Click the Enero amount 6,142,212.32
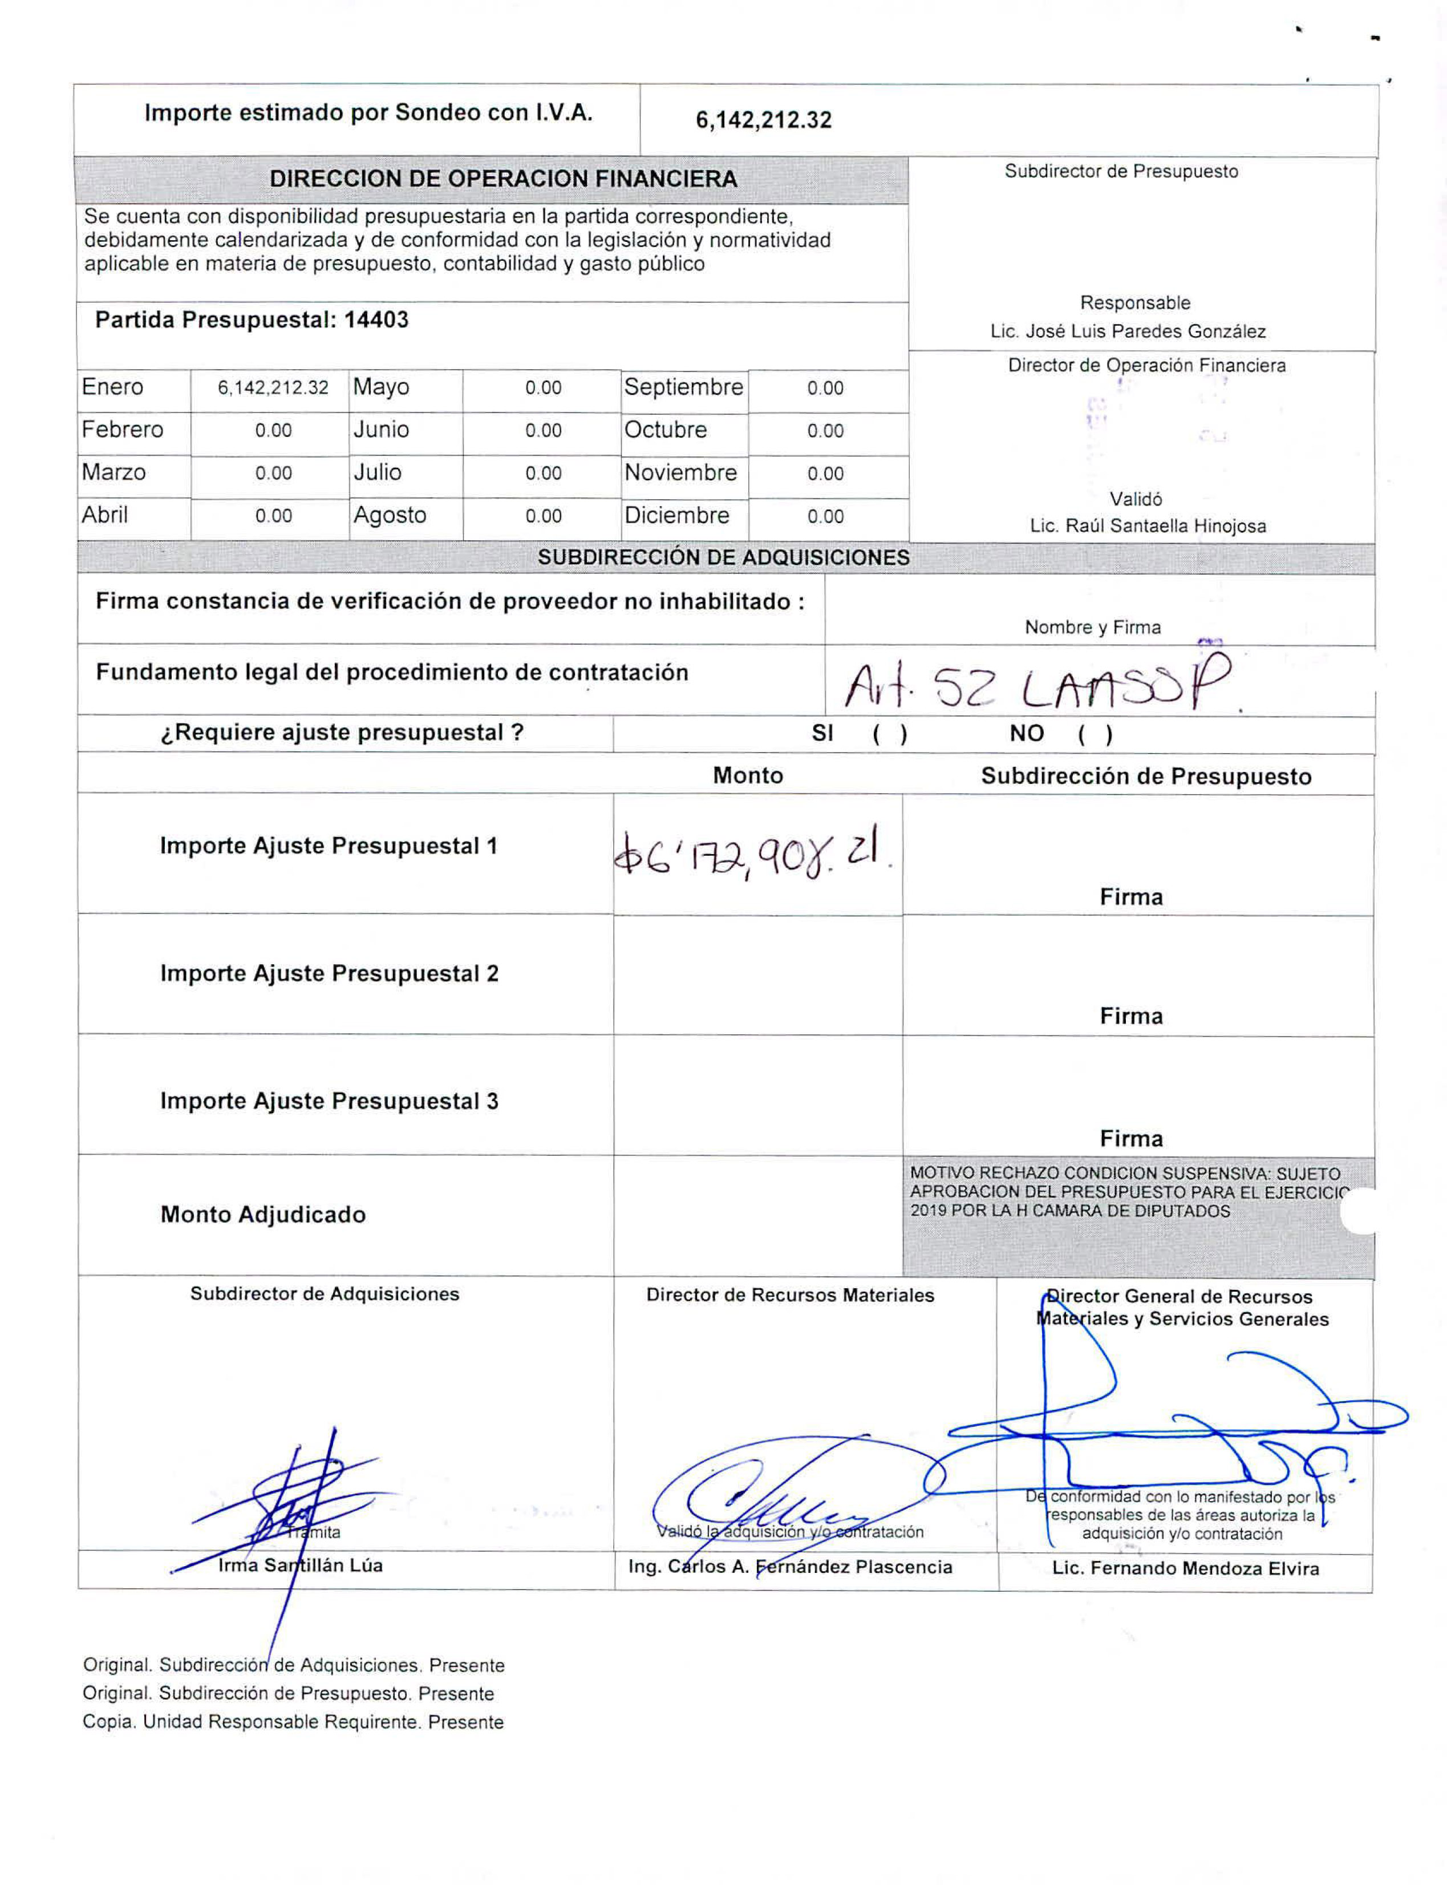click(x=273, y=388)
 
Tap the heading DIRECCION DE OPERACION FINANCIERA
click(x=503, y=179)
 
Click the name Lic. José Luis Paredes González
click(x=1128, y=331)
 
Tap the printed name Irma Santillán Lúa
click(x=300, y=1566)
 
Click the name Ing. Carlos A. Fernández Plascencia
click(x=790, y=1567)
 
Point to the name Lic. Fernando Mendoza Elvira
click(x=1185, y=1568)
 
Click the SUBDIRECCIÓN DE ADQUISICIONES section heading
click(x=723, y=557)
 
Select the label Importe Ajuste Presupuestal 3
click(x=329, y=1101)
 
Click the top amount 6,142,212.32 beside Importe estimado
click(x=763, y=120)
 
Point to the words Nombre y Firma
click(x=1092, y=627)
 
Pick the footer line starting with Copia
click(x=293, y=1722)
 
